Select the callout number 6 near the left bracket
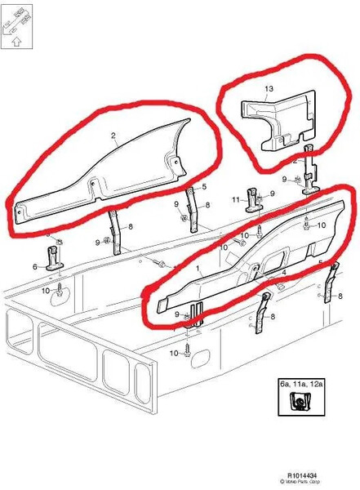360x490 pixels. (35, 266)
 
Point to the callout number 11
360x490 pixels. (234, 198)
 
